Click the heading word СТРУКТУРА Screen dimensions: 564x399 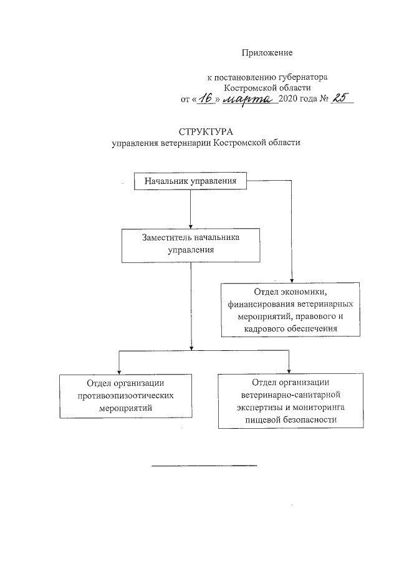tap(205, 132)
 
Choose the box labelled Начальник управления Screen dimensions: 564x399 tap(190, 181)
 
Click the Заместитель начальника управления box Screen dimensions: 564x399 tap(191, 244)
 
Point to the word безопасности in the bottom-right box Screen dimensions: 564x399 tap(310, 419)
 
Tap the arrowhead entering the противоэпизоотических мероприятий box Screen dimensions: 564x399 tap(118, 371)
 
